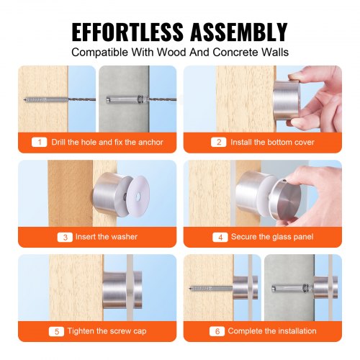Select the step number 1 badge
[41, 142]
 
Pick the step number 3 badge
[66, 236]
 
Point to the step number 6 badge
[217, 330]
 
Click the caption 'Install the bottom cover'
[270, 142]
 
